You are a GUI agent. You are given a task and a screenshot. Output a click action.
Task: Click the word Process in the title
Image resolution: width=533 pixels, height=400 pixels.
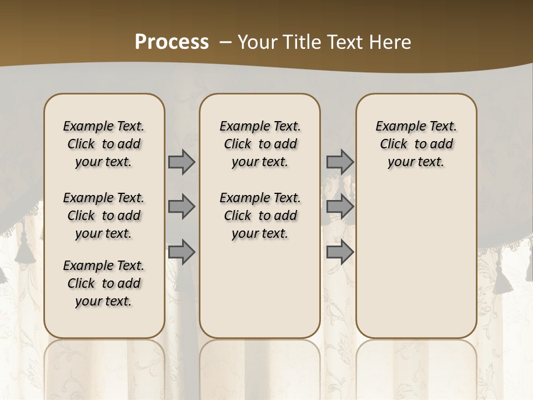172,42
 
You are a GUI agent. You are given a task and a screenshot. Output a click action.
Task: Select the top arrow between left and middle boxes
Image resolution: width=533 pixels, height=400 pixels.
182,162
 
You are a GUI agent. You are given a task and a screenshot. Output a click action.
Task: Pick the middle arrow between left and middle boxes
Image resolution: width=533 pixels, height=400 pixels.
182,207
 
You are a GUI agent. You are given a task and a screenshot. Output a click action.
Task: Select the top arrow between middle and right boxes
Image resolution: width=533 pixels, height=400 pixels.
340,162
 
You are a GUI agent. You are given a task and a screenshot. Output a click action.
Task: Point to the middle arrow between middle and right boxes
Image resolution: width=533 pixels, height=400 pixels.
340,207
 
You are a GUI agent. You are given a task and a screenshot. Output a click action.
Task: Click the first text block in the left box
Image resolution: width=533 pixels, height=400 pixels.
104,144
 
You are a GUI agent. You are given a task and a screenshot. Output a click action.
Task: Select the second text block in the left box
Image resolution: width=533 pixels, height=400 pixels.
104,216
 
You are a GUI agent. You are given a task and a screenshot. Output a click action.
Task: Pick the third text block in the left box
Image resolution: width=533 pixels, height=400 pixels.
104,283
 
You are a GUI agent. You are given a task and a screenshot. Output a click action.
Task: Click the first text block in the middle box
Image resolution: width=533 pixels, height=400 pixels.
260,144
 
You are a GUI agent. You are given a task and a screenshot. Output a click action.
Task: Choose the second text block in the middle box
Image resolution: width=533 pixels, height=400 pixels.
260,216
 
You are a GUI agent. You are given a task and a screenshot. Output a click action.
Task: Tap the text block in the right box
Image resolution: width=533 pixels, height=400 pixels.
416,144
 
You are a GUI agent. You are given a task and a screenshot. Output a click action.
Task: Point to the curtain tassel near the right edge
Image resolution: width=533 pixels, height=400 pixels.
505,278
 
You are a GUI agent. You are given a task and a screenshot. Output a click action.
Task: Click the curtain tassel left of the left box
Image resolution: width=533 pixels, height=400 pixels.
25,253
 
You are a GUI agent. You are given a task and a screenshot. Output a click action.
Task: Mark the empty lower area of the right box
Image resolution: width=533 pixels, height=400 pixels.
416,261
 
